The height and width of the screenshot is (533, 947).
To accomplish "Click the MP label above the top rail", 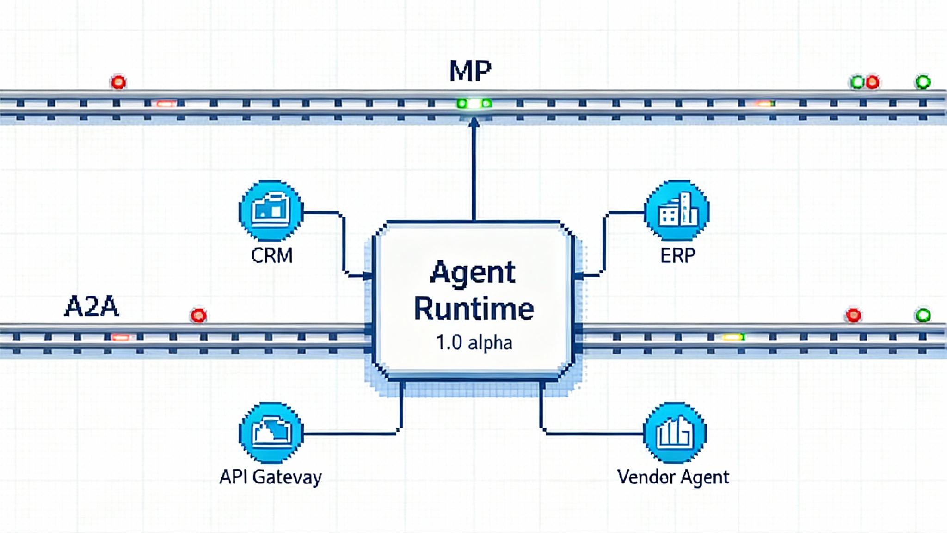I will [x=470, y=71].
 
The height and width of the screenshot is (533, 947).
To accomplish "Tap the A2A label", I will [x=91, y=306].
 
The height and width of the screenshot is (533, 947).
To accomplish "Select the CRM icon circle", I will [x=271, y=211].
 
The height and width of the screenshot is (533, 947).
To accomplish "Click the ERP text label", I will [x=677, y=255].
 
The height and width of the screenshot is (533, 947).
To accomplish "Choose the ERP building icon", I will [x=676, y=211].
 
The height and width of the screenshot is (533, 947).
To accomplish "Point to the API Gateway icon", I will [x=271, y=433].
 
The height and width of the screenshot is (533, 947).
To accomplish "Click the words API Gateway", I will [x=271, y=477].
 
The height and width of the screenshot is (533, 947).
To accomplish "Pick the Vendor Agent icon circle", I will [x=675, y=433].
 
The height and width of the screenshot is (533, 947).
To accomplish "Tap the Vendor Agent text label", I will [x=673, y=477].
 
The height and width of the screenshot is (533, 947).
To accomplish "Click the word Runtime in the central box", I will [x=474, y=309].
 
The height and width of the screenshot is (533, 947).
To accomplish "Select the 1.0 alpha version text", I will [x=474, y=343].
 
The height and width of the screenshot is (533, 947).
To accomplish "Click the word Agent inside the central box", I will [x=473, y=273].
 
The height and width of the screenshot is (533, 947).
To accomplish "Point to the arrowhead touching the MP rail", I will [x=473, y=122].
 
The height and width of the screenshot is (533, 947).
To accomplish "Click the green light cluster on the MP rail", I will [x=473, y=104].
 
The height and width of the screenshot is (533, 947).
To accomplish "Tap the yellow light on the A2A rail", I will [x=733, y=337].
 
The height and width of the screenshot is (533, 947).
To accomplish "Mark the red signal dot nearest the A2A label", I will [x=198, y=316].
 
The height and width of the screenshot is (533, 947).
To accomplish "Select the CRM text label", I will [x=272, y=255].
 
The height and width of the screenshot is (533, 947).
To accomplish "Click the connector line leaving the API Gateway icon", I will [x=351, y=434].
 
